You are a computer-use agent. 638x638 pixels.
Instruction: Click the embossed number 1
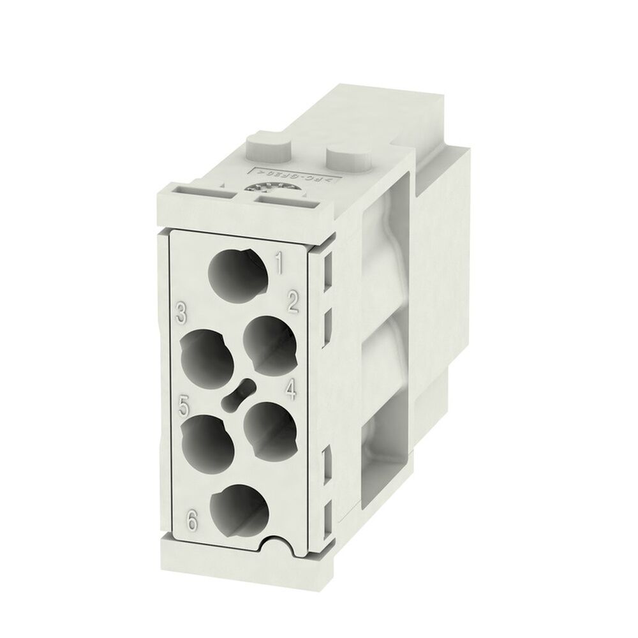tap(278, 262)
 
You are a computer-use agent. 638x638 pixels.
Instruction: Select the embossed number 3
tap(182, 313)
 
